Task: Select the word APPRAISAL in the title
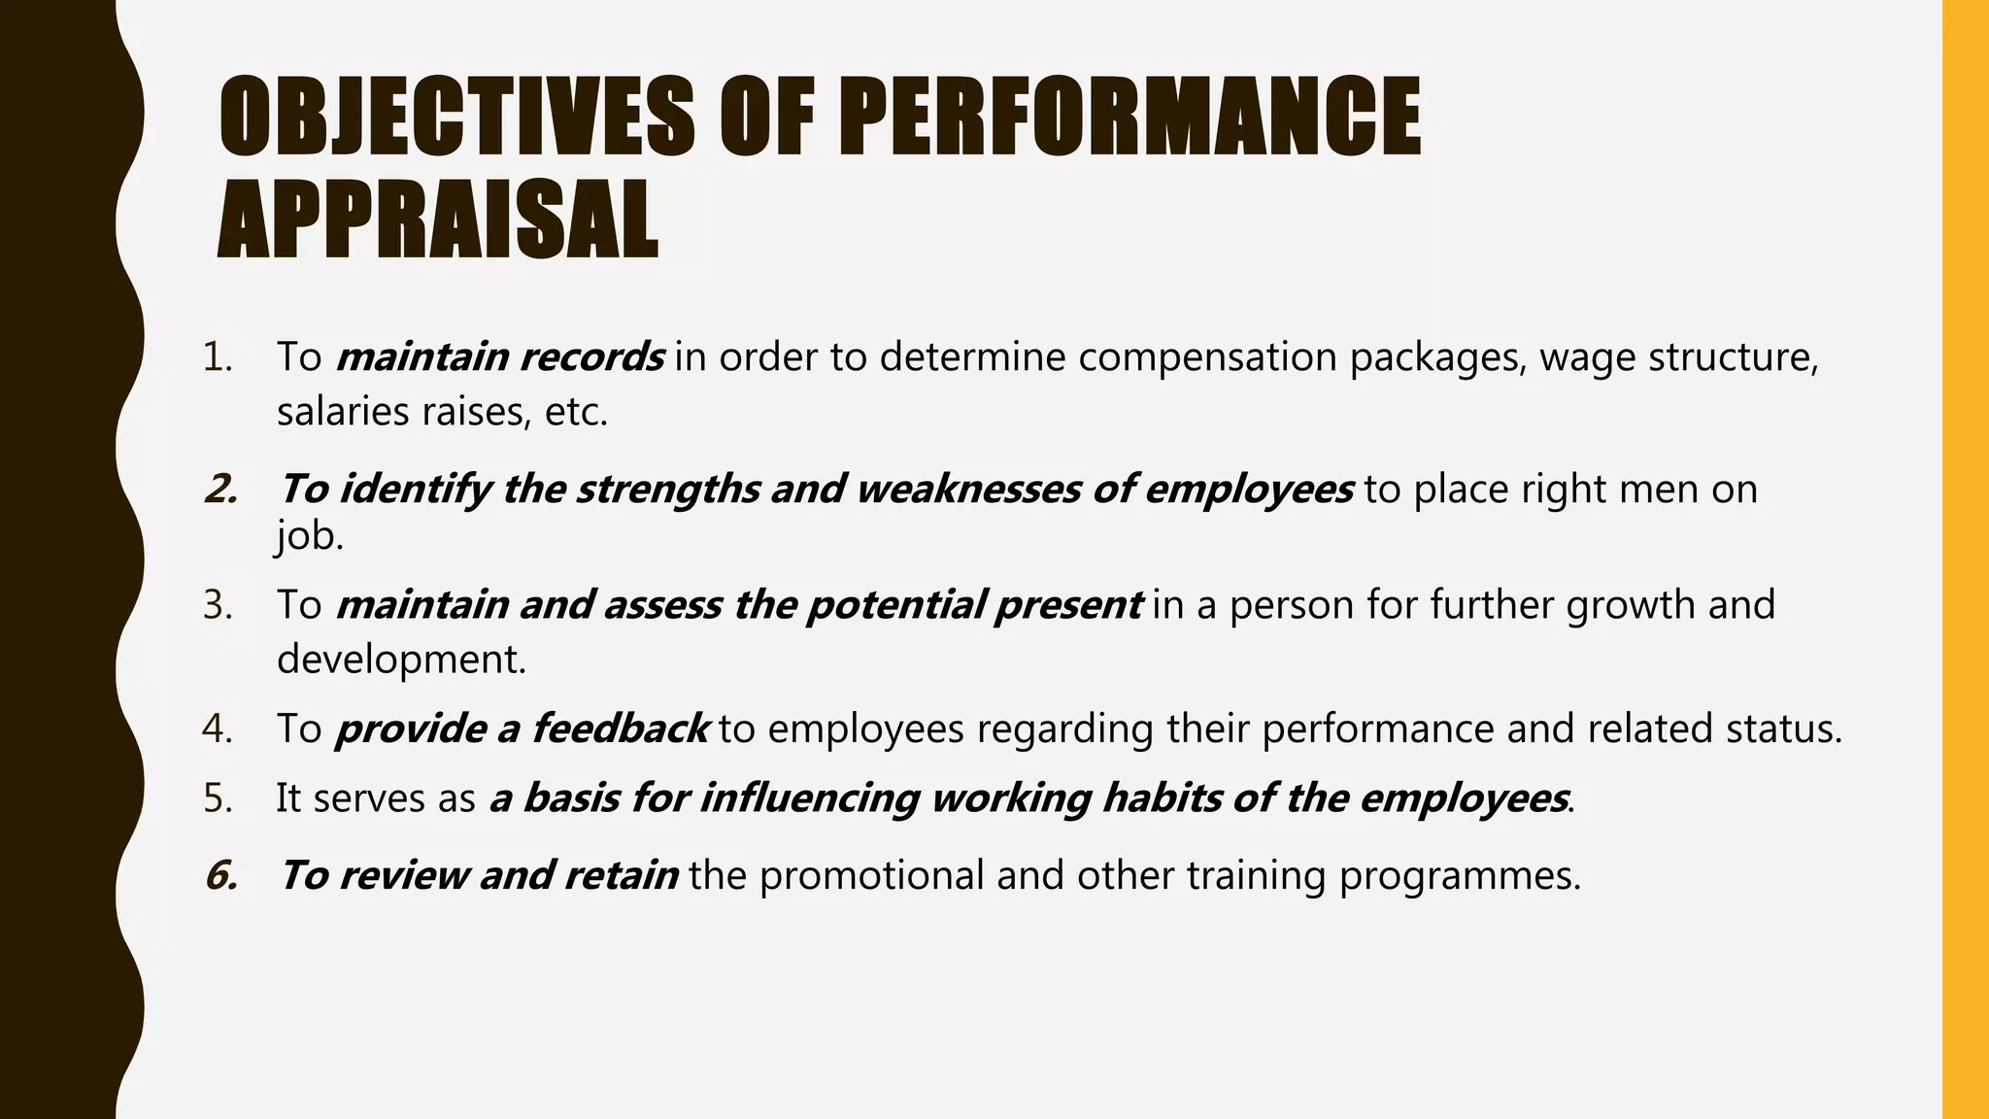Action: pos(438,220)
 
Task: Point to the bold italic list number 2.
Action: pos(221,489)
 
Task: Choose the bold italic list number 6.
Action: pos(221,875)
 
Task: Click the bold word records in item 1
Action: pos(591,357)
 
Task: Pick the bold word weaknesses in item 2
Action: pos(967,489)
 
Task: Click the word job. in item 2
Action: pos(310,536)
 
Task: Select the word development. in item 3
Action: pos(401,660)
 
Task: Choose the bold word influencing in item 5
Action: pos(809,798)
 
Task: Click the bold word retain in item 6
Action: pos(621,875)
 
